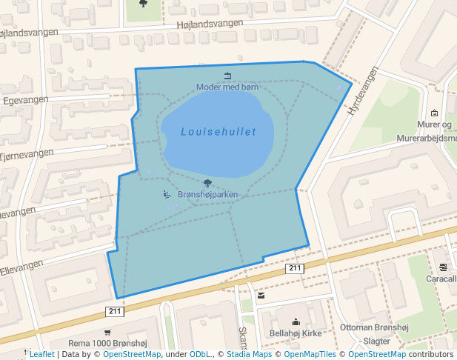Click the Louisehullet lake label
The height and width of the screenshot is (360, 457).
pyautogui.click(x=219, y=132)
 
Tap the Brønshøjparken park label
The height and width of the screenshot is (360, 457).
pyautogui.click(x=207, y=195)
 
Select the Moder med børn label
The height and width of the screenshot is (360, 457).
pyautogui.click(x=227, y=87)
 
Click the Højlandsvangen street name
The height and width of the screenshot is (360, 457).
pyautogui.click(x=210, y=24)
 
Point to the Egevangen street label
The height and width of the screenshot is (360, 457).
pyautogui.click(x=25, y=99)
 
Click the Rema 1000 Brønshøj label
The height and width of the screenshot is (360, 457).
pyautogui.click(x=108, y=343)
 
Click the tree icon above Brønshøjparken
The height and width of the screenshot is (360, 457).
pyautogui.click(x=207, y=183)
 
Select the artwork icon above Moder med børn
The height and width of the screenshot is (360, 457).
pyautogui.click(x=227, y=75)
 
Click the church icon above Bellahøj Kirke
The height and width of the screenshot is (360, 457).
pyautogui.click(x=296, y=322)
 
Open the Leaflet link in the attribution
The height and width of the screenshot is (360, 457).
pyautogui.click(x=41, y=354)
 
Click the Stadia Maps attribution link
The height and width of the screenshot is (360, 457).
pyautogui.click(x=248, y=354)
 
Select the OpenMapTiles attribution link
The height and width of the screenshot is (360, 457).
pyautogui.click(x=307, y=354)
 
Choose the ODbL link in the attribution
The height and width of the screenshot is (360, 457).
pyautogui.click(x=200, y=354)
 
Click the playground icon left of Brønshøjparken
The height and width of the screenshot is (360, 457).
pyautogui.click(x=167, y=195)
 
